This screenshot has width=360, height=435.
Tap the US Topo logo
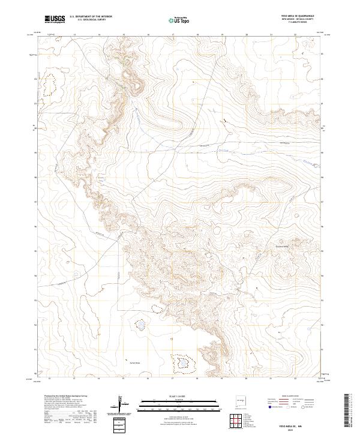coord(178,20)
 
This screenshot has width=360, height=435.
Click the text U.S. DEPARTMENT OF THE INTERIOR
coord(91,17)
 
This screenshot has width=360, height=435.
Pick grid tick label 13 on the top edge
coord(74,35)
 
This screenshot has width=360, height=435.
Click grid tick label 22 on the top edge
coord(295,35)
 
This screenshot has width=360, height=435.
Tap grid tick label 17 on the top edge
coord(172,35)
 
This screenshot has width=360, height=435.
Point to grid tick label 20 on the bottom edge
coord(246,379)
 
